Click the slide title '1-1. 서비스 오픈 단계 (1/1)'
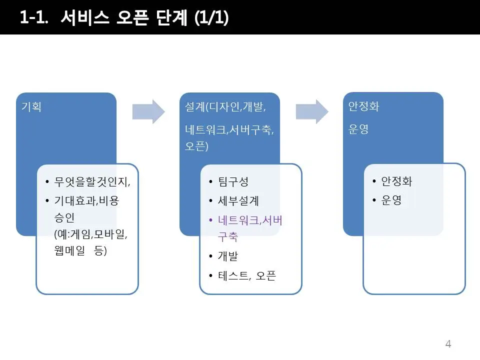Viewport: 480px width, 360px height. (124, 17)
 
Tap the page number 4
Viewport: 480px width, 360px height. (448, 343)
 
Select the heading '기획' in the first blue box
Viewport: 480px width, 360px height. (31, 107)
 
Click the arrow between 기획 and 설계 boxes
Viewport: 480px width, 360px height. (148, 111)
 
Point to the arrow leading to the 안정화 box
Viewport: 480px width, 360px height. (312, 111)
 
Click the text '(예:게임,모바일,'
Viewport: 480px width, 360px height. (91, 234)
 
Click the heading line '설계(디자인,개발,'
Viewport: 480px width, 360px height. (225, 107)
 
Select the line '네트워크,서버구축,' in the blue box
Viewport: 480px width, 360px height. (229, 130)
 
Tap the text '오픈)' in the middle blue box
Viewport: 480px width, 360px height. (196, 146)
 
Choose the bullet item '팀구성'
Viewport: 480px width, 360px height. (233, 181)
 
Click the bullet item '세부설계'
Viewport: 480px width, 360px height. (238, 201)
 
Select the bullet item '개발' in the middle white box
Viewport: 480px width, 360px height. (227, 256)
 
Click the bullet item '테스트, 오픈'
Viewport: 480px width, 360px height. (247, 275)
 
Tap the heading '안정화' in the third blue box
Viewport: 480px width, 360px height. (363, 107)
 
